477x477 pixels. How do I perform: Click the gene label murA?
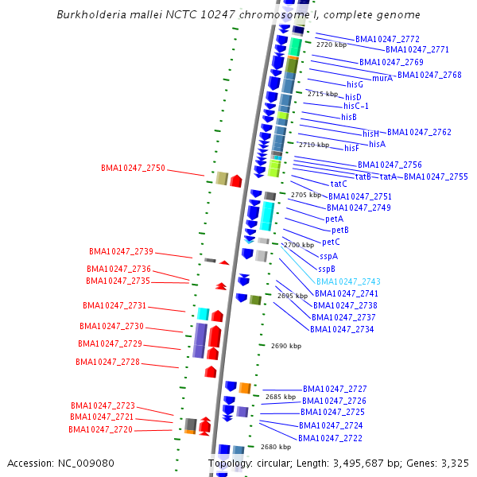click(382, 78)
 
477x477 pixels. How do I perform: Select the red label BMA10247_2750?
click(133, 169)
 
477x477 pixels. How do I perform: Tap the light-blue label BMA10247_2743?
click(348, 281)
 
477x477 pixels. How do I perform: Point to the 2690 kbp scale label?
click(286, 346)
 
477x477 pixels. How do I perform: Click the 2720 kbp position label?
click(332, 45)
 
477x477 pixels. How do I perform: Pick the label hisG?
click(355, 84)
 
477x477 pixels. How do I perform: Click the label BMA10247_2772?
click(387, 39)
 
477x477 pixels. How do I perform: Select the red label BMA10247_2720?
click(100, 429)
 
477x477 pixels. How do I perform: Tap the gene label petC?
click(331, 242)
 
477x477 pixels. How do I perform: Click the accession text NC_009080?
click(83, 463)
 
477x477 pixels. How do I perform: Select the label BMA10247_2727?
click(335, 389)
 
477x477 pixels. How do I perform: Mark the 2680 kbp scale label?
click(276, 447)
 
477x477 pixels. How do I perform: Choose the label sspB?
click(327, 269)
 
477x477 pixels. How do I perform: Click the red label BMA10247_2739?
click(120, 251)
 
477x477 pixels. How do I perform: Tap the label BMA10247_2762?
click(419, 132)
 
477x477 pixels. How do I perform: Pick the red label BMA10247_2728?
click(107, 362)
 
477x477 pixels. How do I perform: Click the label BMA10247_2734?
click(342, 329)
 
